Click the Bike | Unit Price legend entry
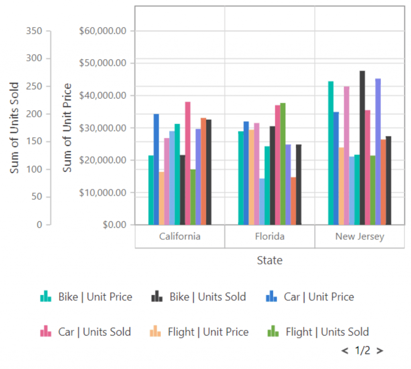pos(86,297)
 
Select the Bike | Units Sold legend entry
pos(199,297)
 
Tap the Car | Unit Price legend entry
pos(310,297)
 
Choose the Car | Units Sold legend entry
pos(85,332)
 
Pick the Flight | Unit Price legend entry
pos(199,332)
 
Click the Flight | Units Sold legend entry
pos(318,332)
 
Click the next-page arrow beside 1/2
pos(380,351)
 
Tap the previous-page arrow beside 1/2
pos(345,351)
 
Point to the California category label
pos(179,236)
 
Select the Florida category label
pos(270,236)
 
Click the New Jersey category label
pos(360,236)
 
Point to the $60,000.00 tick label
pos(103,31)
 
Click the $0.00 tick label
pos(114,225)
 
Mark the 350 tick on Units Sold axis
pos(34,31)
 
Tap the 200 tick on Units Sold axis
pos(34,114)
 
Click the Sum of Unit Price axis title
pos(67,128)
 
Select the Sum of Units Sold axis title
pos(14,128)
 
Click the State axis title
pos(270,260)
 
